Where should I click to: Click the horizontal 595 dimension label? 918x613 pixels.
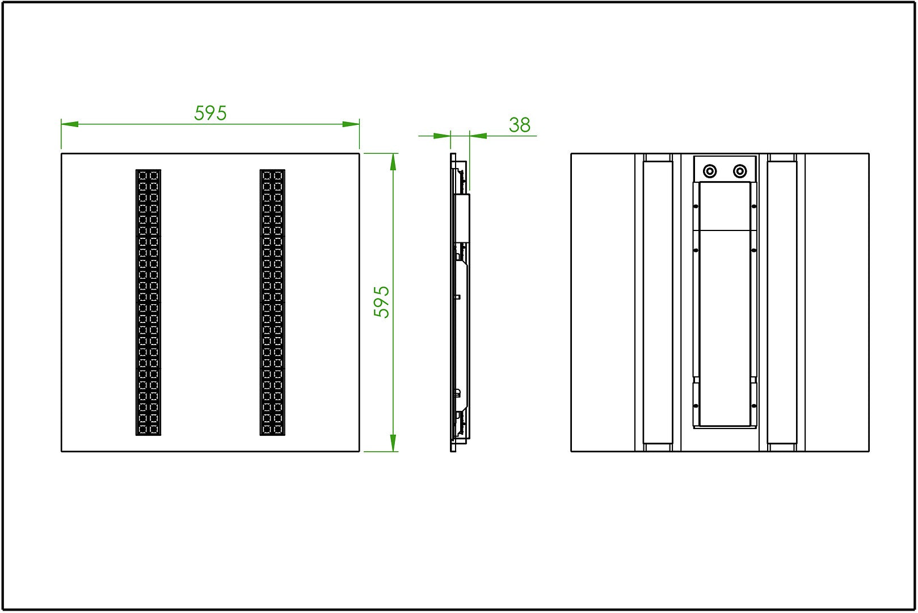click(x=210, y=113)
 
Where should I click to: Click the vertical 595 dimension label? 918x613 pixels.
click(x=381, y=302)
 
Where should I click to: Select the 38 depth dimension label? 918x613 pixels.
click(x=520, y=125)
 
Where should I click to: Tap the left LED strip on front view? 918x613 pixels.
click(x=148, y=302)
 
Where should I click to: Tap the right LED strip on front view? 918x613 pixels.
click(x=272, y=302)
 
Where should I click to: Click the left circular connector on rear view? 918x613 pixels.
click(x=710, y=171)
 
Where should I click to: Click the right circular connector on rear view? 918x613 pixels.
click(x=740, y=171)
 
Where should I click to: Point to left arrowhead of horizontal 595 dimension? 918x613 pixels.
click(x=70, y=124)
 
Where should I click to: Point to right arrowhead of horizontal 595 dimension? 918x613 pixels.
click(x=351, y=124)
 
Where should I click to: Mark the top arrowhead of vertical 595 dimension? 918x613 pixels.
click(x=393, y=162)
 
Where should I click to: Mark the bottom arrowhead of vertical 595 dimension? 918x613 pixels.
click(x=393, y=443)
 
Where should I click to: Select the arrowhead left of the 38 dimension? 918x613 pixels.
click(x=442, y=136)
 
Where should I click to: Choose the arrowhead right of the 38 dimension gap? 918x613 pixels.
click(x=478, y=136)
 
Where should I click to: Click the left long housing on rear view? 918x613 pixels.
click(x=658, y=303)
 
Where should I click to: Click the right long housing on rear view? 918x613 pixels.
click(x=782, y=303)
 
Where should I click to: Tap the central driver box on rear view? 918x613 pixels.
click(x=725, y=304)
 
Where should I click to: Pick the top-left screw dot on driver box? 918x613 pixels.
click(x=696, y=206)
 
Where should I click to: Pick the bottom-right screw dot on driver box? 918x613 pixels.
click(x=753, y=406)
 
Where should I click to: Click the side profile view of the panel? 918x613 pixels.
click(x=460, y=303)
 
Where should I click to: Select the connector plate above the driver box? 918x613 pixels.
click(x=725, y=169)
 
